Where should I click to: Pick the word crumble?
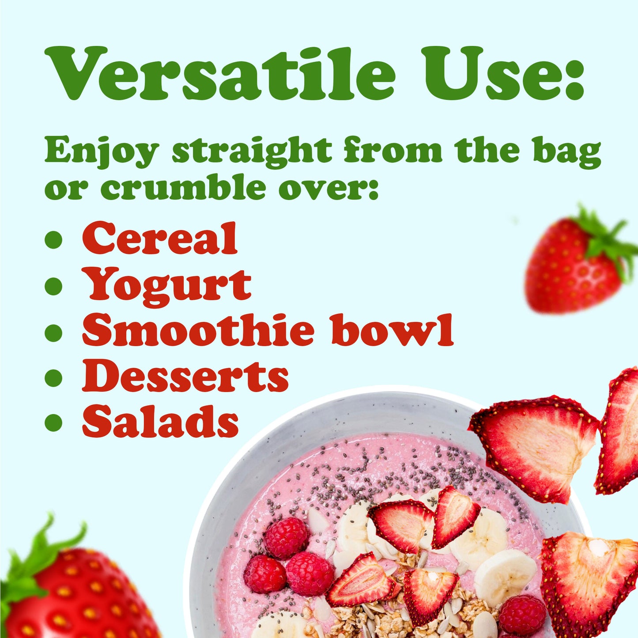(183, 188)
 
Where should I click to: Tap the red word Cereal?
(160, 238)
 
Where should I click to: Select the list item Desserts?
(185, 377)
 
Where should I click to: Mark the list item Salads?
(160, 422)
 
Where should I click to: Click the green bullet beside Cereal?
(53, 239)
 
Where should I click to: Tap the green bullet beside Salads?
(53, 423)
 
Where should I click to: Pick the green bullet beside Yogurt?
(53, 286)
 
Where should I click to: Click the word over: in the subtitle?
(328, 188)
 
